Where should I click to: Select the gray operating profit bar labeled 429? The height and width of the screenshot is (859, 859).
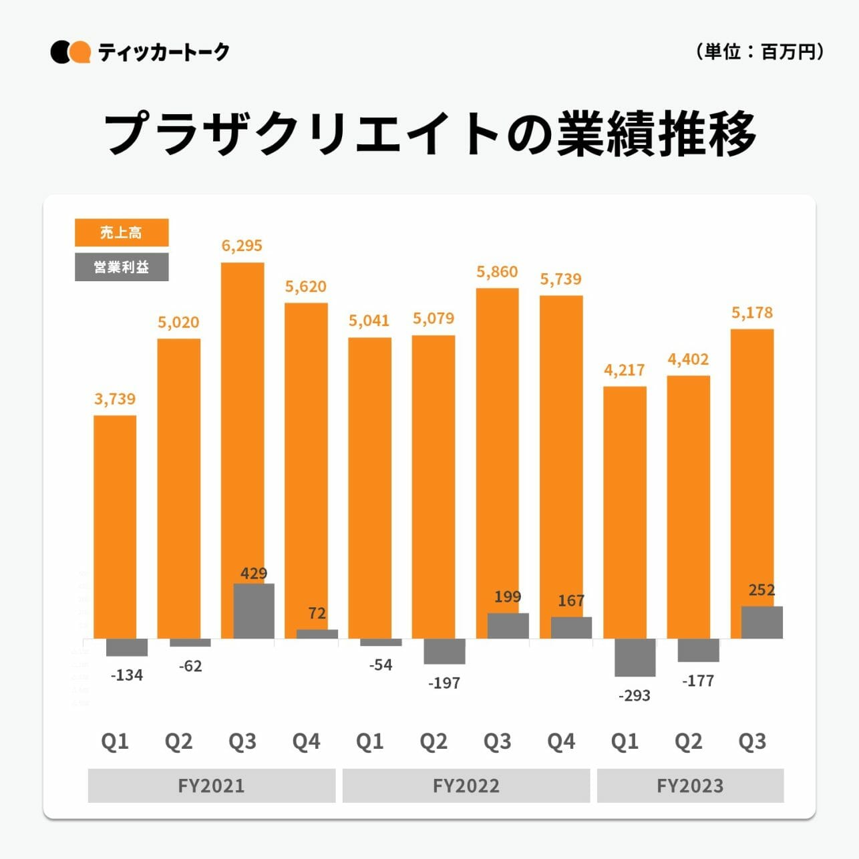pyautogui.click(x=254, y=611)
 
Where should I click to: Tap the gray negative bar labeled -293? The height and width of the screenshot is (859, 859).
pyautogui.click(x=635, y=657)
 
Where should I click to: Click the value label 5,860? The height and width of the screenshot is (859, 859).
pyautogui.click(x=497, y=272)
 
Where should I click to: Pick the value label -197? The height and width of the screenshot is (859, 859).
pyautogui.click(x=444, y=683)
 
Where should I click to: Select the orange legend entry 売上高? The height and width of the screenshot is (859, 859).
pyautogui.click(x=122, y=232)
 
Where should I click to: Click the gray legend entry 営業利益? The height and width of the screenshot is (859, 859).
pyautogui.click(x=122, y=267)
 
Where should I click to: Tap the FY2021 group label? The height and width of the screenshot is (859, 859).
pyautogui.click(x=211, y=786)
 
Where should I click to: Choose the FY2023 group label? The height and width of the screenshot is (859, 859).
pyautogui.click(x=690, y=786)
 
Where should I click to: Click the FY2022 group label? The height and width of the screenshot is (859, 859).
pyautogui.click(x=466, y=786)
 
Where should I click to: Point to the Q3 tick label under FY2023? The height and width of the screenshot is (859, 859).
pyautogui.click(x=752, y=741)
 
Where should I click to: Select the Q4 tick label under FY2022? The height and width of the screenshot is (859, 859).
pyautogui.click(x=561, y=741)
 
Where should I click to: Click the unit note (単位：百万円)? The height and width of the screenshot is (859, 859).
pyautogui.click(x=759, y=51)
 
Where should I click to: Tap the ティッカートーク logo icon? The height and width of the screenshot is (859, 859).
pyautogui.click(x=70, y=52)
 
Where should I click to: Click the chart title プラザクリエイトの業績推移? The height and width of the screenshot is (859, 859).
pyautogui.click(x=429, y=134)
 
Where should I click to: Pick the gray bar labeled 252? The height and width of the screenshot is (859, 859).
pyautogui.click(x=762, y=623)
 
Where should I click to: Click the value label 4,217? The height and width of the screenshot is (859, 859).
pyautogui.click(x=625, y=370)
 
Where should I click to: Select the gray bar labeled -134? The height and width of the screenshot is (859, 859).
pyautogui.click(x=127, y=647)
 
